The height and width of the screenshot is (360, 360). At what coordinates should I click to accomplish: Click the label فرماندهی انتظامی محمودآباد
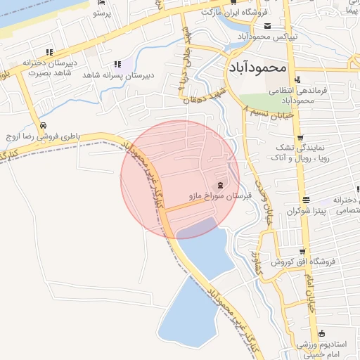click(x=290, y=96)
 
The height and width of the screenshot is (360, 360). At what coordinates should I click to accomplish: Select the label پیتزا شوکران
click(x=292, y=211)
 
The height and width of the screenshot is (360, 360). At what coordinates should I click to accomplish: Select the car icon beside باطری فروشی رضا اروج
click(x=44, y=124)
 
